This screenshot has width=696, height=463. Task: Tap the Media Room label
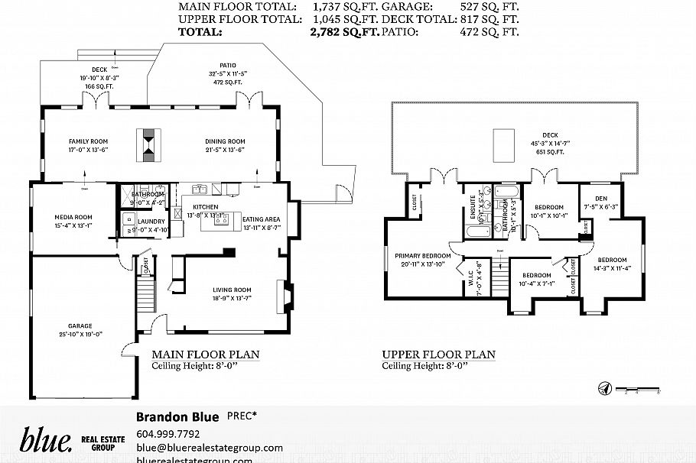point(73,216)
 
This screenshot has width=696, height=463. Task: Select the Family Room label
point(88,141)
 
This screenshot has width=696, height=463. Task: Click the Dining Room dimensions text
point(224,150)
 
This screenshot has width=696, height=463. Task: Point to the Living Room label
point(232,290)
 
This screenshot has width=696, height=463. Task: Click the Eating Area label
point(262,219)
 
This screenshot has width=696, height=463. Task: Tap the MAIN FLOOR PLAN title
point(206,355)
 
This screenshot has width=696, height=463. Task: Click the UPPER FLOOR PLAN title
point(438,355)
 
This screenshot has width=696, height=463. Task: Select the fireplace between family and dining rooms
point(148,144)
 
